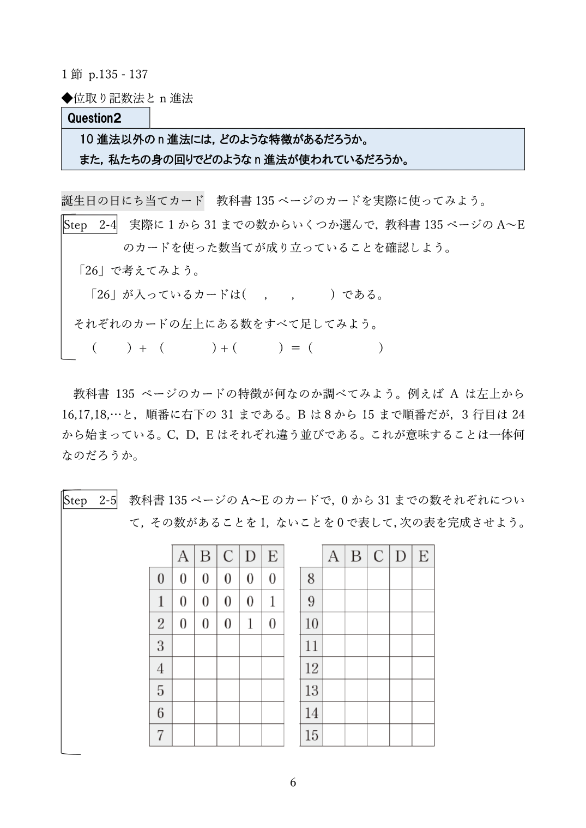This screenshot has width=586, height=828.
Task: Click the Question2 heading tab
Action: pos(105,118)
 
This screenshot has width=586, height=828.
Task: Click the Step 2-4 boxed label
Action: pos(90,225)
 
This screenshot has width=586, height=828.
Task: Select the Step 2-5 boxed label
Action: pos(90,500)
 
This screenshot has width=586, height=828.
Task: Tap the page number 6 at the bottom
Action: pos(293,783)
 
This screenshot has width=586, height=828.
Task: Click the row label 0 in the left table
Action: pos(160,579)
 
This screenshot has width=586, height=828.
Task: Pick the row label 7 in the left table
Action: pos(160,735)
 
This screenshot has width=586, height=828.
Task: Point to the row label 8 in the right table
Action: pos(311,579)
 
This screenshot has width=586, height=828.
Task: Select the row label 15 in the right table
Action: pos(311,735)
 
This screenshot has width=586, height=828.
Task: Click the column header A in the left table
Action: pos(183,556)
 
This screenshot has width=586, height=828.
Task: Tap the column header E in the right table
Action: pos(423,556)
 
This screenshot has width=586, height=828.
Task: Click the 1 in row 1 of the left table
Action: pos(272,601)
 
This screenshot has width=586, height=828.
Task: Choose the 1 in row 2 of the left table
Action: pos(250,623)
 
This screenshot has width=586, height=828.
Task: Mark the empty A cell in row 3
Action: pos(183,646)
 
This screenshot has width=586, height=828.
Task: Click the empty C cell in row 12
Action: pos(378,668)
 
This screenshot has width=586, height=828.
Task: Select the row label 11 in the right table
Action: pos(311,646)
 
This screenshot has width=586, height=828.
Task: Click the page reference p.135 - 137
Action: pos(118,74)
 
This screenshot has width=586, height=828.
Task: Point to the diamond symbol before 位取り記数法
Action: pos(67,98)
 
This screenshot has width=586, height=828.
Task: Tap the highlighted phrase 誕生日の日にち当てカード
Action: pos(132,201)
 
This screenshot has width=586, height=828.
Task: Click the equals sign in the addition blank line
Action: pos(295,348)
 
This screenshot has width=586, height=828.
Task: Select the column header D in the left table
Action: pos(250,556)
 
